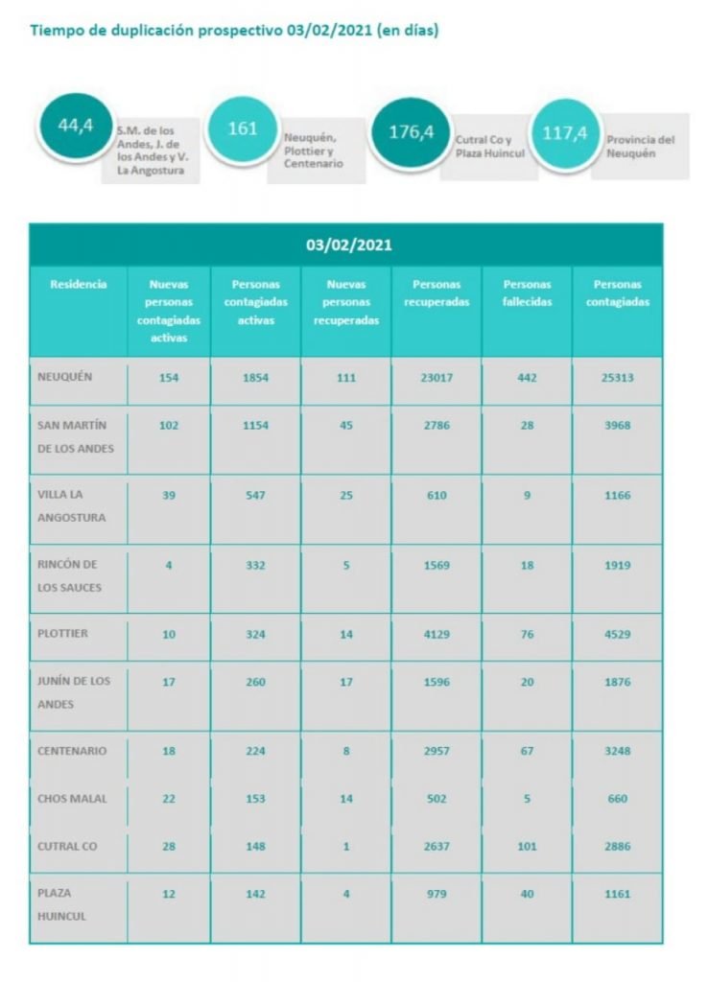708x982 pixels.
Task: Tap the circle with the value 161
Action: coord(242,129)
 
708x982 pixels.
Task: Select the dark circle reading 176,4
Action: coord(411,132)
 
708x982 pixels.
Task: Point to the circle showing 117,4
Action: coord(564,133)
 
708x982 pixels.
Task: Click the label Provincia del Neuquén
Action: coord(640,146)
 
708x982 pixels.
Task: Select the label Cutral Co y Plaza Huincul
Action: coord(489,146)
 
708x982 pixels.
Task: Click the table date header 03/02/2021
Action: coord(348,245)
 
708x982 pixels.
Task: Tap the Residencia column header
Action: coord(79,284)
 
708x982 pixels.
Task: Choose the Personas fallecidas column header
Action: coord(527,292)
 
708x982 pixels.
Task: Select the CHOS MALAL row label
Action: coord(73,799)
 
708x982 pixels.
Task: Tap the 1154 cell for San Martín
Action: coord(255,426)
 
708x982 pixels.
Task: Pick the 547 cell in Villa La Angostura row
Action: coord(255,495)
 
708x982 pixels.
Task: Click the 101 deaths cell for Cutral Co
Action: coord(527,847)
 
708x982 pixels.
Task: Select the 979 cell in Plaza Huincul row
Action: coord(437,894)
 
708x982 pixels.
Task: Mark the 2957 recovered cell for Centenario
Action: coord(437,751)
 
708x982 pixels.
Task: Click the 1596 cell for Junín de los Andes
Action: coord(437,682)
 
